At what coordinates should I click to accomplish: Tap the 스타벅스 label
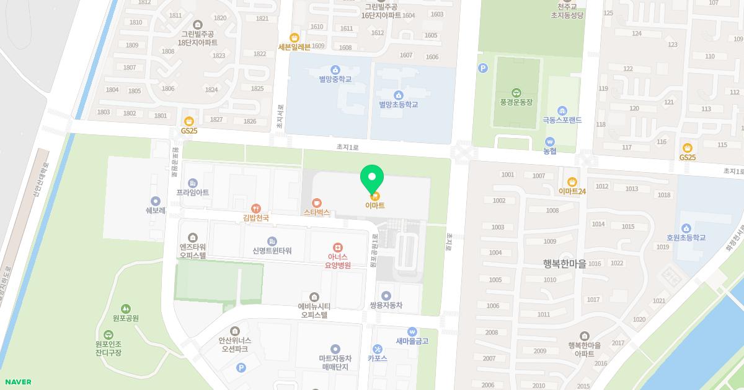316,212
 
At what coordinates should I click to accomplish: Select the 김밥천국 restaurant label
256,217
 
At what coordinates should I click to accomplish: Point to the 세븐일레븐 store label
294,46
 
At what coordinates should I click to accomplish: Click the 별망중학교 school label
335,79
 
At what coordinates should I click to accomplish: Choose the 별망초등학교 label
399,105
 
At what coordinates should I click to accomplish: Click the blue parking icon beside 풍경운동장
483,68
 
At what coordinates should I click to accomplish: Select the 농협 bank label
550,150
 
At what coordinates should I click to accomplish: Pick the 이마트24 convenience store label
572,191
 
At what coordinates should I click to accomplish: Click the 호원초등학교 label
686,237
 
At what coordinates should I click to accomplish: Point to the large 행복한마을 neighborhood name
564,263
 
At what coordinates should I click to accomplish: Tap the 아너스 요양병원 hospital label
338,261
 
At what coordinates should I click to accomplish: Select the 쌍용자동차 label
386,305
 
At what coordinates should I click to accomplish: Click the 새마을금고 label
412,340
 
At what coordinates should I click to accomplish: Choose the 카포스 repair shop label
377,357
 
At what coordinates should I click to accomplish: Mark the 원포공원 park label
126,318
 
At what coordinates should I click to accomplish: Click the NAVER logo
17,382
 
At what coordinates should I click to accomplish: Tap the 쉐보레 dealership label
156,210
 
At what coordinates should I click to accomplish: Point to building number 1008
552,210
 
